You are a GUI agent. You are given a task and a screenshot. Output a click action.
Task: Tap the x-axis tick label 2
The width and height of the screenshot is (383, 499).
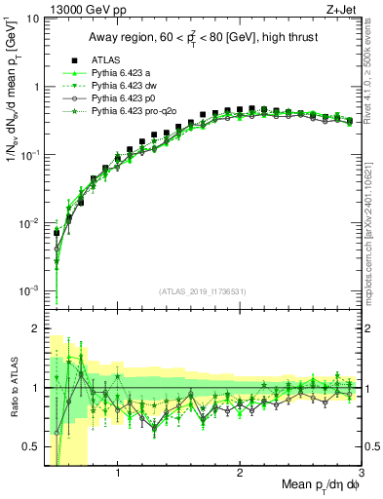click(x=240, y=475)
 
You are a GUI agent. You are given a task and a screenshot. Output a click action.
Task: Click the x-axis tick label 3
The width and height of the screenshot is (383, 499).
click(x=362, y=475)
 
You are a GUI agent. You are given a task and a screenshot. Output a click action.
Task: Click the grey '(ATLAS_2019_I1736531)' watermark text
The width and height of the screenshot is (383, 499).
click(x=203, y=292)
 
